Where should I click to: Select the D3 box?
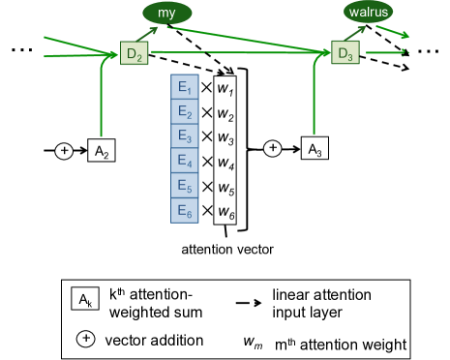[345, 52]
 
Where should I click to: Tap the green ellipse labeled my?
[167, 13]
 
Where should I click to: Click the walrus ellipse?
[368, 13]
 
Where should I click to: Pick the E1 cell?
[185, 86]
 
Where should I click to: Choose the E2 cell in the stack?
[185, 111]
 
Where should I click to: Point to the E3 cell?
[185, 135]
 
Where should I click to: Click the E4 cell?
[185, 161]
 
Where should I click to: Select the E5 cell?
[185, 186]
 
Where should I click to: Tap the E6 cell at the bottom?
[185, 210]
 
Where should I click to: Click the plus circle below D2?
[64, 151]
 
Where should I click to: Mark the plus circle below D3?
[273, 148]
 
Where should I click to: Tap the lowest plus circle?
[86, 339]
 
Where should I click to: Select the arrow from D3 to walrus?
[355, 33]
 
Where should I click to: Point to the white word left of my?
[135, 16]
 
